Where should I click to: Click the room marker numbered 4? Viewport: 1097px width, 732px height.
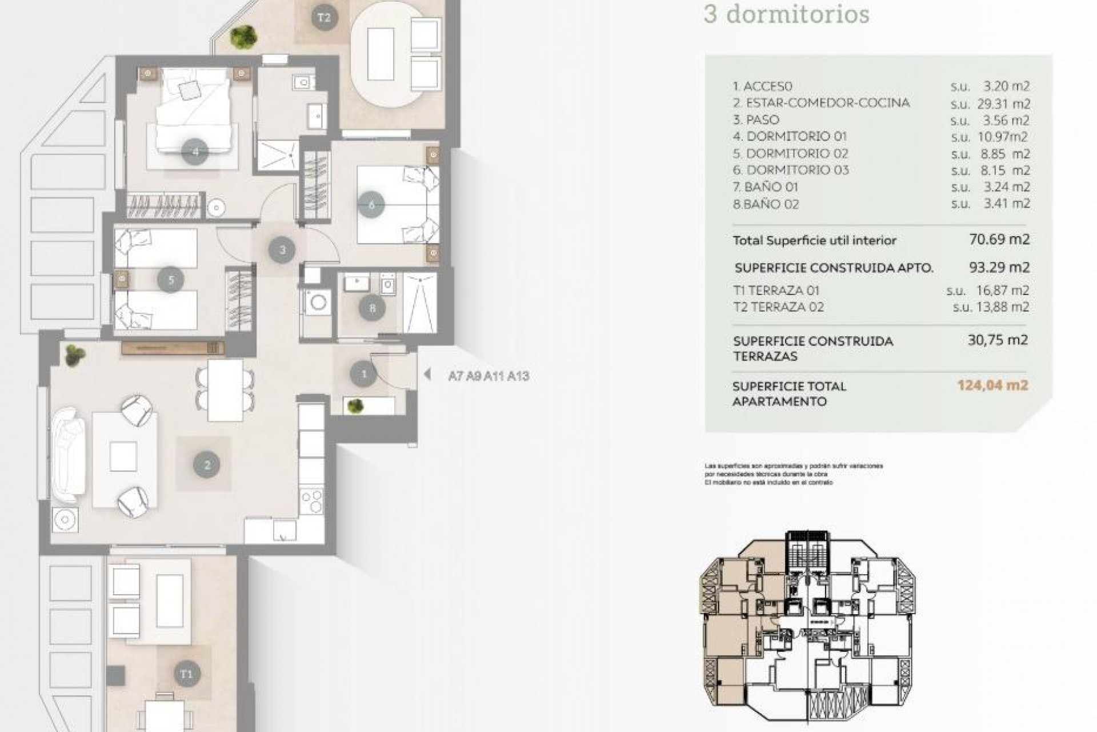click(195, 152)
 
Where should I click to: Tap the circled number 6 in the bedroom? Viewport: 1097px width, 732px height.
click(371, 205)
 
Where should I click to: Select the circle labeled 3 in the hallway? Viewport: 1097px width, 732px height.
click(282, 250)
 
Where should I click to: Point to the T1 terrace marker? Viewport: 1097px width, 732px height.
click(186, 674)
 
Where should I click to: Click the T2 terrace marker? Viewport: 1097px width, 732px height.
click(323, 18)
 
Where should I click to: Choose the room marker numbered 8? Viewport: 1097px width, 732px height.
click(373, 309)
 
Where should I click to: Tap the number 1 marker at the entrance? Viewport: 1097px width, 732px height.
click(364, 375)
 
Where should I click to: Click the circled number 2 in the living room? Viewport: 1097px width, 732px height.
click(207, 465)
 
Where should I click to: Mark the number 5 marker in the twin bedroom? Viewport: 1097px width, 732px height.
click(171, 280)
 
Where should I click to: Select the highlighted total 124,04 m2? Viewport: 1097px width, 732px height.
click(992, 385)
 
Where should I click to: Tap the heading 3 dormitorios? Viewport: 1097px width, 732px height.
click(786, 14)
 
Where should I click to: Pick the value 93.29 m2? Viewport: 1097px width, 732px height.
click(999, 267)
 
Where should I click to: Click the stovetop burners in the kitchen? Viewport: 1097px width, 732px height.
click(311, 502)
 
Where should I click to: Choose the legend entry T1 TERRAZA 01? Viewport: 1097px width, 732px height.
click(776, 291)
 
